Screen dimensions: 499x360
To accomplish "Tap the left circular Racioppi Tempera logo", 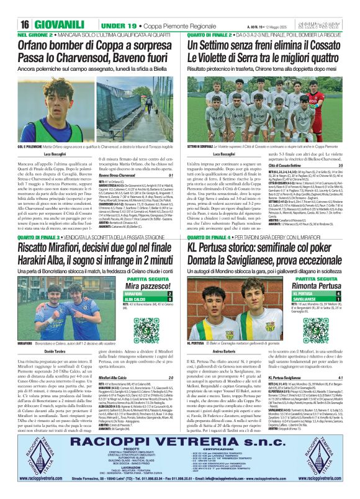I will coord(30,458).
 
